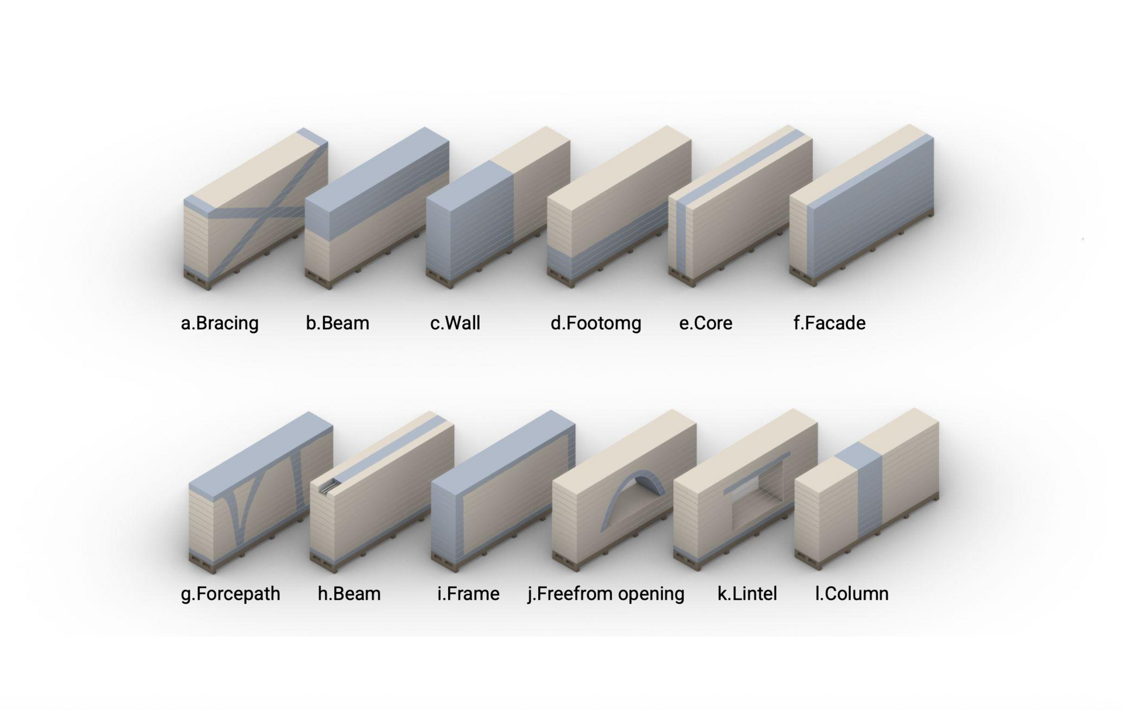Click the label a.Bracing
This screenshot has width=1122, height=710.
coord(220,323)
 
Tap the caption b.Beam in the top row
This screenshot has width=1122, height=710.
coord(338,323)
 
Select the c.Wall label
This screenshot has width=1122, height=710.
coord(455,323)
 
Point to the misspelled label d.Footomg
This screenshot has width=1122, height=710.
coord(596,323)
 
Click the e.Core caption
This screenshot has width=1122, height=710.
coord(705,323)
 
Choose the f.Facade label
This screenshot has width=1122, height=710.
coord(829,323)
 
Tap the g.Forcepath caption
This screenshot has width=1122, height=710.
coord(230,594)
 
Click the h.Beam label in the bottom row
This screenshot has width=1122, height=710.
coord(349,594)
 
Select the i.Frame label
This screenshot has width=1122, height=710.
coord(468,594)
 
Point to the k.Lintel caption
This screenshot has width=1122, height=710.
coord(747,594)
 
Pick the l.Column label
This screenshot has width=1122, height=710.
coord(851,594)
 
